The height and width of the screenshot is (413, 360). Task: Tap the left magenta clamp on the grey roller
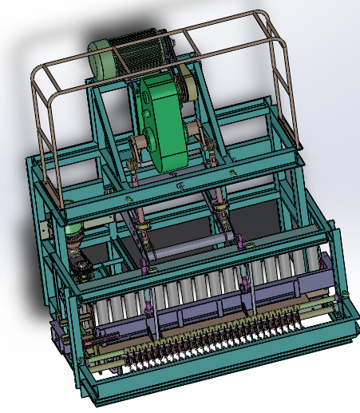pos(144,263)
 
